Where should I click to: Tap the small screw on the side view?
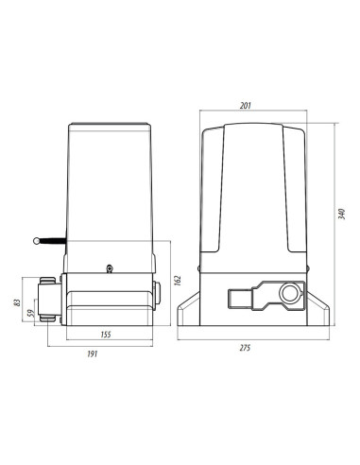[110, 268]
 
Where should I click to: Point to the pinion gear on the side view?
[47, 299]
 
